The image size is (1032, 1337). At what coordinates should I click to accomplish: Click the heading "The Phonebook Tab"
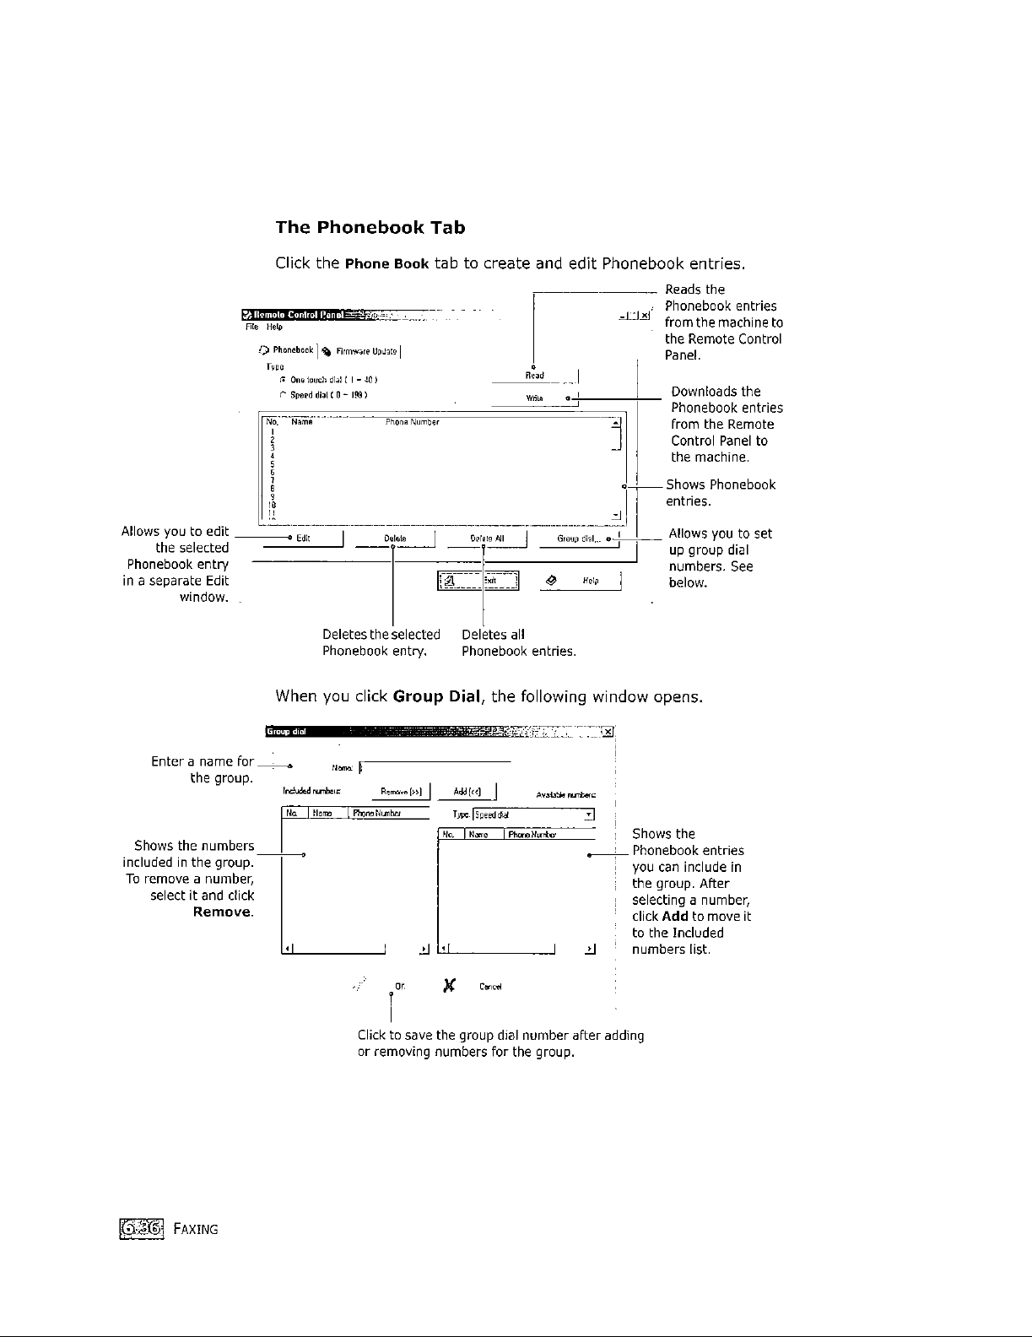point(370,228)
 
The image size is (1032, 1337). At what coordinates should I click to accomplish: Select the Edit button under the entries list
point(304,539)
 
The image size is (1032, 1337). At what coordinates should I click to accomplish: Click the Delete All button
point(487,539)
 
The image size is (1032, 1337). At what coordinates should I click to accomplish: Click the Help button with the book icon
point(580,581)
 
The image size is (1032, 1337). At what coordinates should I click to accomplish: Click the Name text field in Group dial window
point(435,767)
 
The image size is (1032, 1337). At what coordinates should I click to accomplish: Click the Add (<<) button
point(467,792)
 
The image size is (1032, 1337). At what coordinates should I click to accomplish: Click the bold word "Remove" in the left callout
point(223,912)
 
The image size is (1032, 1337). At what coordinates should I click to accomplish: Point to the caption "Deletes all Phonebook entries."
point(518,643)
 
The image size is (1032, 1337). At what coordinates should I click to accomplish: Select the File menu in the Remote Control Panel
point(251,327)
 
